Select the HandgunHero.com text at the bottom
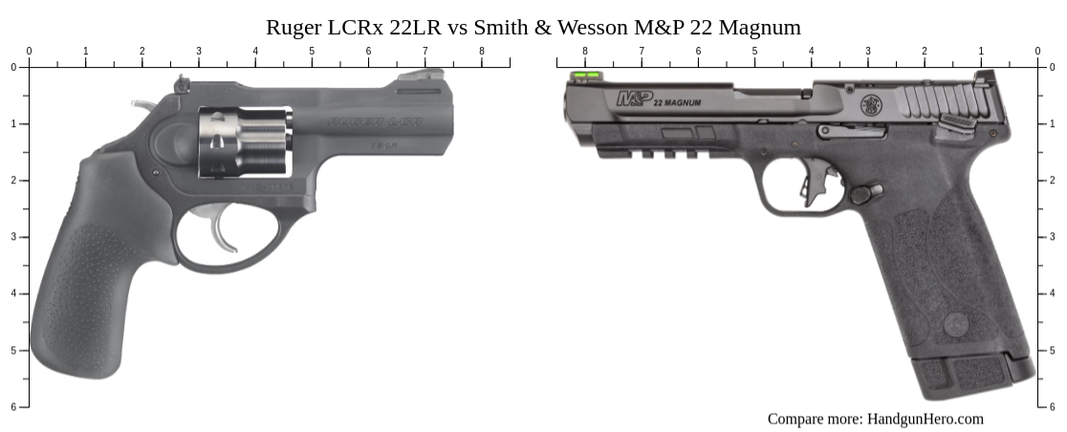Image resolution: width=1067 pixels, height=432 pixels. [925, 419]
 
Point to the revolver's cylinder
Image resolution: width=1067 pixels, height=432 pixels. [245, 142]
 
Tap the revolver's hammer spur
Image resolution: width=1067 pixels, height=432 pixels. [142, 103]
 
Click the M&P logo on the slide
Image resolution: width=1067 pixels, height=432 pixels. [632, 97]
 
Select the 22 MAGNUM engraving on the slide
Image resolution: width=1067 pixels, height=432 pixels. [677, 102]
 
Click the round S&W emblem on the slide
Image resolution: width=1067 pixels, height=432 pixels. [871, 105]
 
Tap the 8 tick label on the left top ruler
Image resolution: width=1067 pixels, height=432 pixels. [481, 52]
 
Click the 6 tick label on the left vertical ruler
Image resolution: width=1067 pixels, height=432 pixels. [12, 407]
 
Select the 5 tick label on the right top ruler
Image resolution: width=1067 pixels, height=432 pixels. [754, 52]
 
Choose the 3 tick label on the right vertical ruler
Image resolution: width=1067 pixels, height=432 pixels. [1051, 237]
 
